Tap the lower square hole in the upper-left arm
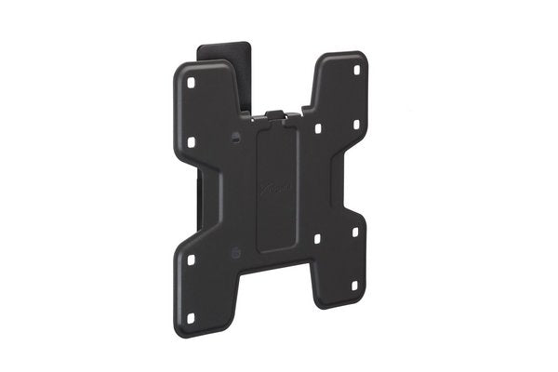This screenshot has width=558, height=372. [x=192, y=141]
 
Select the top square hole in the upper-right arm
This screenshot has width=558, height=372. [x=354, y=68]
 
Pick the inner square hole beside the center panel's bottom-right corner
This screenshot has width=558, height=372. [x=318, y=239]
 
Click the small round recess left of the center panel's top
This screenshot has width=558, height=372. [x=239, y=139]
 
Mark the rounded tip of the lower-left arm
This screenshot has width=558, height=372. [x=196, y=331]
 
